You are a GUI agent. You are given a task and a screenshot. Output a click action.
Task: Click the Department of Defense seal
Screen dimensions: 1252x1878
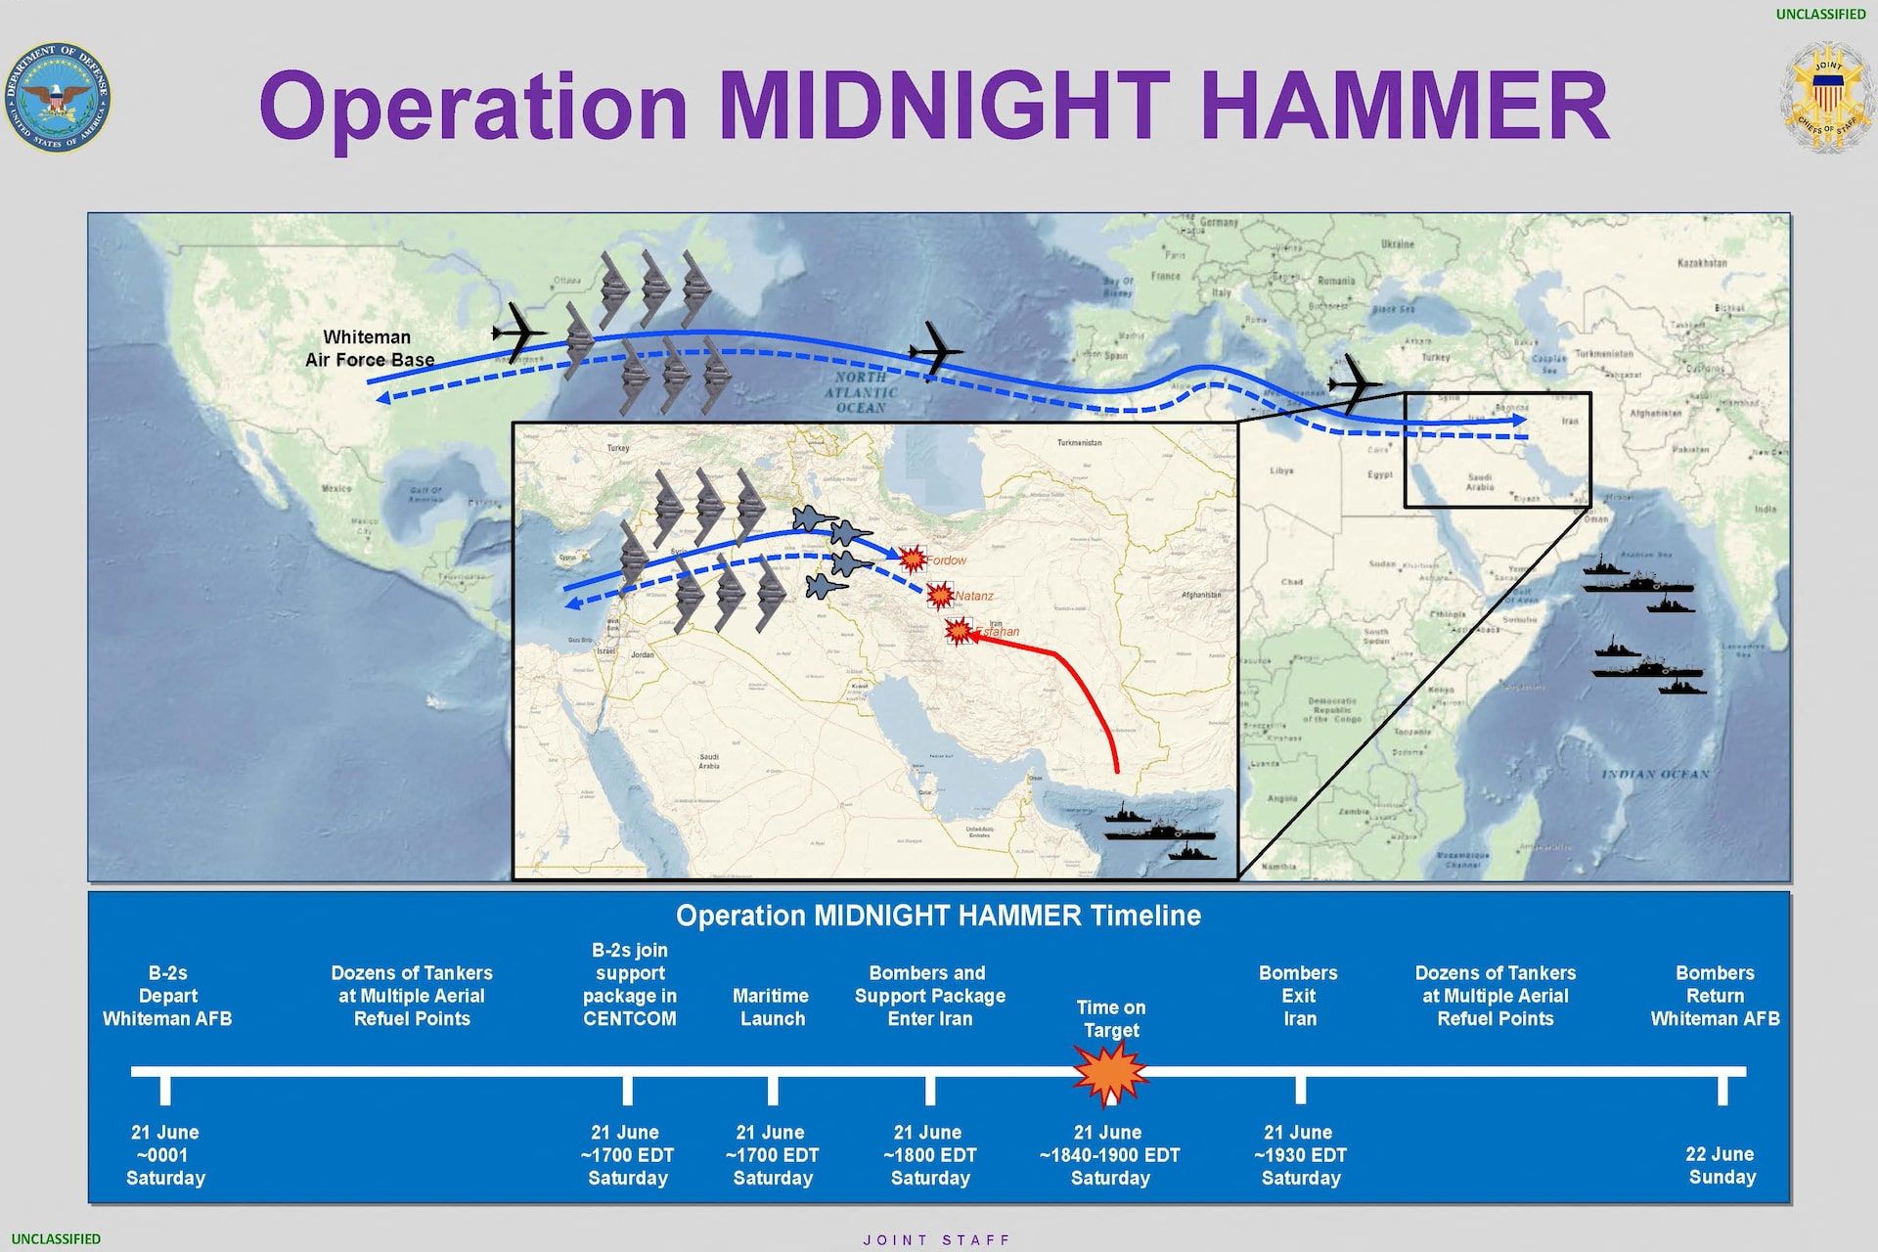tap(58, 97)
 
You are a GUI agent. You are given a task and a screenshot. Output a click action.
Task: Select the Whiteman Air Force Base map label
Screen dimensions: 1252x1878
tap(369, 348)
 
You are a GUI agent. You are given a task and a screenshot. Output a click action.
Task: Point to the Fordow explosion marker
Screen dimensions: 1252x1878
tap(913, 559)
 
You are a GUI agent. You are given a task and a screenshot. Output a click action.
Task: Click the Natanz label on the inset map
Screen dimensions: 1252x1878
tap(974, 596)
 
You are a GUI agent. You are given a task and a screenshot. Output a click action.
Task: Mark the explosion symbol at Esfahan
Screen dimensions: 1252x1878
tap(958, 632)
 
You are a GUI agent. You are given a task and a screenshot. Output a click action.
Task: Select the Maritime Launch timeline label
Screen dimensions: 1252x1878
tap(772, 1007)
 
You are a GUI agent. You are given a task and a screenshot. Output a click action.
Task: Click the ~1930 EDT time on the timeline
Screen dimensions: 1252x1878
tap(1300, 1155)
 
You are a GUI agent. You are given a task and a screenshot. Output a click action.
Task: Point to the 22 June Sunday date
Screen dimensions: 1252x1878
tap(1721, 1165)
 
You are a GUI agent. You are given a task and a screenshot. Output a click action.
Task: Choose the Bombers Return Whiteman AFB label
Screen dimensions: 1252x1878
tap(1715, 996)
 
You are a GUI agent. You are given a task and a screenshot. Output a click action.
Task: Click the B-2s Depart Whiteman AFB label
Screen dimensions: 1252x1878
tap(167, 996)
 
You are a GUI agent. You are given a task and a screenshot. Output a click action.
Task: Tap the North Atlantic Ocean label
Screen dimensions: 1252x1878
tap(861, 391)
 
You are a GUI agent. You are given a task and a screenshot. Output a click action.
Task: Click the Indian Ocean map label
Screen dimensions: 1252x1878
tap(1655, 774)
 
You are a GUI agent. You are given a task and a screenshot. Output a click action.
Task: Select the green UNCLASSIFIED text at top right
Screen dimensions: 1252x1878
tap(1820, 14)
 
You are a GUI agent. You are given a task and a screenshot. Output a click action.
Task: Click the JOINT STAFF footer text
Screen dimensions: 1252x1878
tap(937, 1240)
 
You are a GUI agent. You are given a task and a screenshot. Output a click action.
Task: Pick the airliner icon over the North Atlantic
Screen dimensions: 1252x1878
tap(935, 350)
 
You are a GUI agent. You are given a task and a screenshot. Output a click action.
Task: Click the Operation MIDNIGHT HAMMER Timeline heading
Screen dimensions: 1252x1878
tap(938, 916)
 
